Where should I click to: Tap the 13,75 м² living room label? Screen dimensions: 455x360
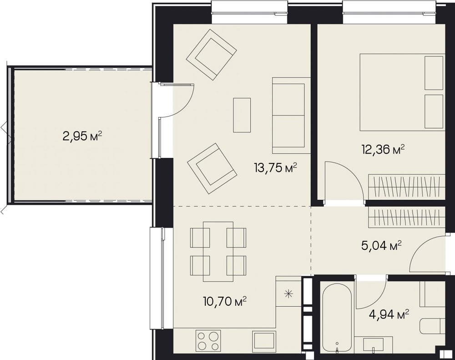tap(275, 167)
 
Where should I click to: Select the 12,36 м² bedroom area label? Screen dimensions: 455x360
tap(383, 150)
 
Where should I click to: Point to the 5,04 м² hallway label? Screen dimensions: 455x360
tap(381, 246)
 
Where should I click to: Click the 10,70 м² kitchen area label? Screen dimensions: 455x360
tap(225, 302)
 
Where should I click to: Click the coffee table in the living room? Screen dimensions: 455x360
tap(242, 115)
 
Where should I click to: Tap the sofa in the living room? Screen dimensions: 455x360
tap(291, 115)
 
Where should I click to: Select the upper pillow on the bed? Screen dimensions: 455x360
tap(434, 73)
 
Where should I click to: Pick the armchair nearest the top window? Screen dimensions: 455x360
tap(211, 55)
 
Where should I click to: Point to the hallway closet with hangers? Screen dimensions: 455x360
tap(406, 218)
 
